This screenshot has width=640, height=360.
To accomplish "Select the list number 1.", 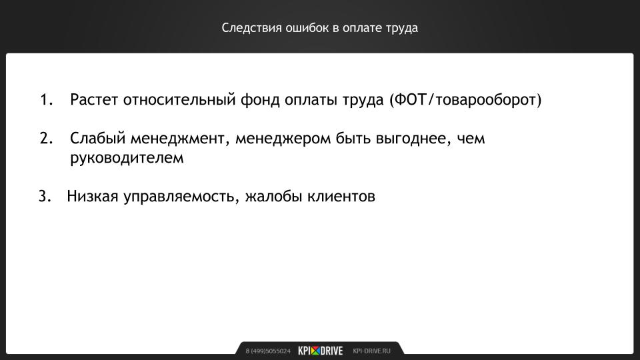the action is (47, 99).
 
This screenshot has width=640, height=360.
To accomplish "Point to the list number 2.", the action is (47, 139).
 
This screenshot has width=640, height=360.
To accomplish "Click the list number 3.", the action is (45, 196).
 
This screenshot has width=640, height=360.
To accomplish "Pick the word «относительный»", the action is (179, 99).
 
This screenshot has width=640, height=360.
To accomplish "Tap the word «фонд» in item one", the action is (260, 99).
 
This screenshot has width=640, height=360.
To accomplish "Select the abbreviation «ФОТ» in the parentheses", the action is (411, 99).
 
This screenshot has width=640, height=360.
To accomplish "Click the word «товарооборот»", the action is (486, 99).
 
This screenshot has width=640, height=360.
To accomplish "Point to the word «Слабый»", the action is (98, 139).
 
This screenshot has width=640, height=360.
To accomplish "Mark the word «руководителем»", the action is (127, 158).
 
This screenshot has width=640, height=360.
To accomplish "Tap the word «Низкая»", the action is (93, 196).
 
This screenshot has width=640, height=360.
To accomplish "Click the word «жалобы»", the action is (273, 196).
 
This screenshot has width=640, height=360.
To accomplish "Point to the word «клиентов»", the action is (341, 196).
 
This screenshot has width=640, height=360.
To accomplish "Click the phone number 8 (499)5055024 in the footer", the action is (268, 351).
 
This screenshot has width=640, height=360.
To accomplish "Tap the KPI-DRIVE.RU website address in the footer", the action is (371, 351).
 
